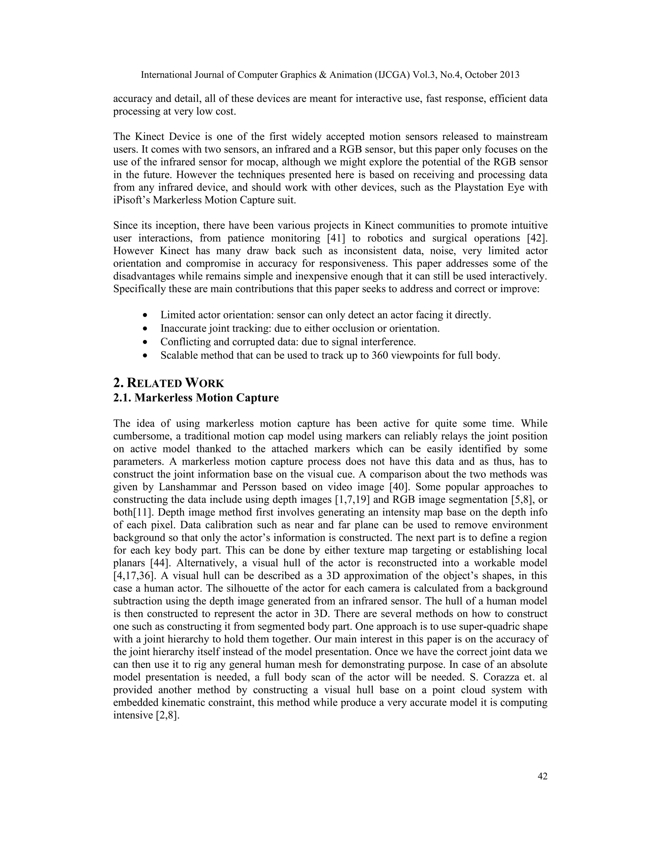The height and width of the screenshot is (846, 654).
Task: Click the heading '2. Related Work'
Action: tap(169, 383)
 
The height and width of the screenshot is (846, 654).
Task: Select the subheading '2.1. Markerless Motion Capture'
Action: tap(196, 398)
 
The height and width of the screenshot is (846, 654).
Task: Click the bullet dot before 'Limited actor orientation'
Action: tap(145, 315)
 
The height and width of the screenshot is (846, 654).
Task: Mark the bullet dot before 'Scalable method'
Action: tap(145, 356)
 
